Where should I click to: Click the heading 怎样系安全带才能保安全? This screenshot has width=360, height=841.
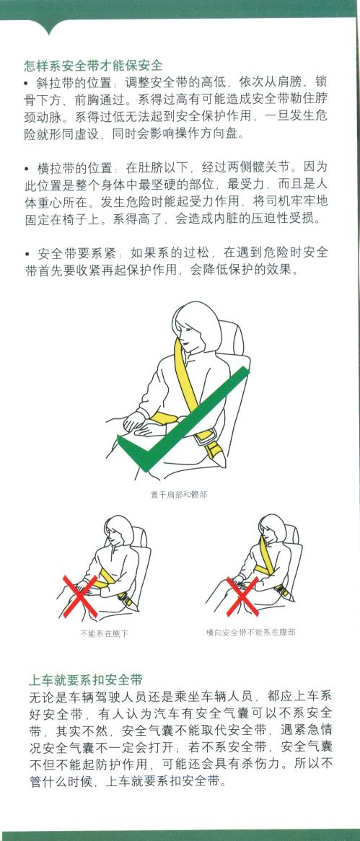(93, 66)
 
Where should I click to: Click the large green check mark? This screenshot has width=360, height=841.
(183, 420)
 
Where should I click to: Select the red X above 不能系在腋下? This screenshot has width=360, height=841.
(81, 595)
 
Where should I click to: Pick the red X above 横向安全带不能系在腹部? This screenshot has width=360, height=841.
(242, 596)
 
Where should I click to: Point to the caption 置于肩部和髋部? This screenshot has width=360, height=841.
(179, 495)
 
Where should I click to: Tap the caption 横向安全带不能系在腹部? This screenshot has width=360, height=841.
(250, 633)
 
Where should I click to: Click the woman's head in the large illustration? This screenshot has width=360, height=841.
(196, 325)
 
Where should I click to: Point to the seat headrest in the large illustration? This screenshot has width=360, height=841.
(231, 337)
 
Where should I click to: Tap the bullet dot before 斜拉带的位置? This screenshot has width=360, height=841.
(26, 84)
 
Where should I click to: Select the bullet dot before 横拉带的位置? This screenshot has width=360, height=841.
(26, 169)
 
